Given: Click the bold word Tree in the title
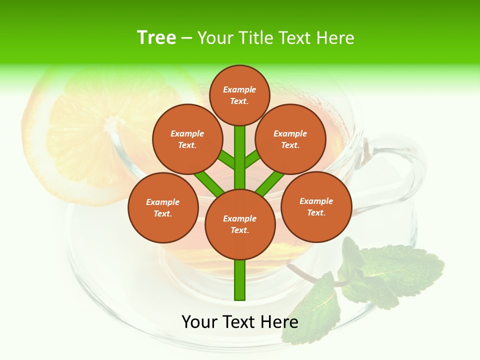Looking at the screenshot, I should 156,38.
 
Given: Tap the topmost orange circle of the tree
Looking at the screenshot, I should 239,95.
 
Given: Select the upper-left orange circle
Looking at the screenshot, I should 187,139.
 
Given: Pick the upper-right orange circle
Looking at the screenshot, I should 290,139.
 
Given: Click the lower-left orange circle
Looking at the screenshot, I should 163,207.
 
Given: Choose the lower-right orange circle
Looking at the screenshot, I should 316,206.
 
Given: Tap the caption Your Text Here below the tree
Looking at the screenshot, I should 240,321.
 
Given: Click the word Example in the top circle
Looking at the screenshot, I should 239,90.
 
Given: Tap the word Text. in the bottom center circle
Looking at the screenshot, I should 239,230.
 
